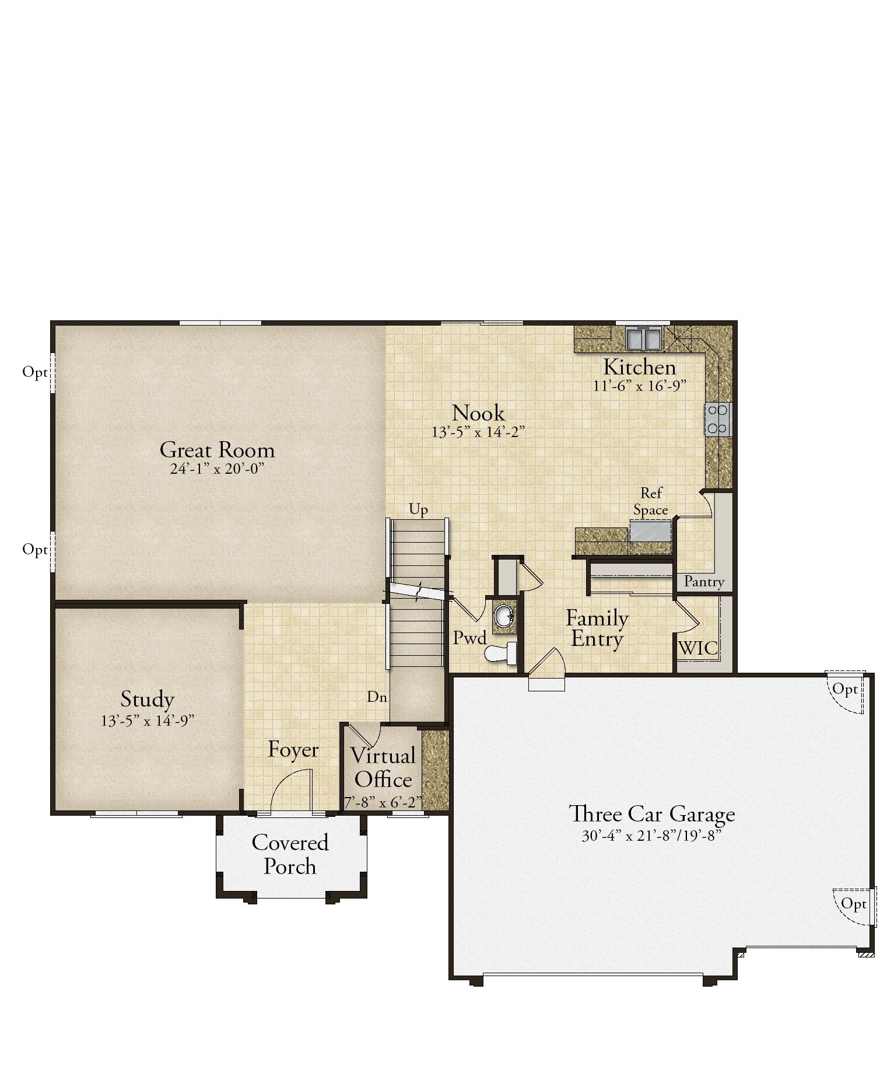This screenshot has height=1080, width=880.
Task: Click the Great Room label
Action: click(217, 450)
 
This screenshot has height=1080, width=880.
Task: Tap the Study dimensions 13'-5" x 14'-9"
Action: click(148, 721)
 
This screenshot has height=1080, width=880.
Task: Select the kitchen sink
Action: click(644, 337)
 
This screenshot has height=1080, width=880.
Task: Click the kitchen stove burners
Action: click(717, 420)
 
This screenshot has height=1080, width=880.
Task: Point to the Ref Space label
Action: click(651, 502)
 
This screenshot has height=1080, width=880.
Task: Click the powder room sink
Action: click(503, 616)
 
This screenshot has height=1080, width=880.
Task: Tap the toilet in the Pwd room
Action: click(501, 653)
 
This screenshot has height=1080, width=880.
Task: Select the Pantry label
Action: click(704, 582)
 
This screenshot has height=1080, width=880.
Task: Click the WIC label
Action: click(698, 648)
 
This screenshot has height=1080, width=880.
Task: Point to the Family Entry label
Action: click(597, 628)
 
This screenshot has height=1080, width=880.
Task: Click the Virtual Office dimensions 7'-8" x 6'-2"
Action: click(383, 803)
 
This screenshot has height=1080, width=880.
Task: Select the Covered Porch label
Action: click(290, 855)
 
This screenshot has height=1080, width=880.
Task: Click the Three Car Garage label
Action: click(652, 814)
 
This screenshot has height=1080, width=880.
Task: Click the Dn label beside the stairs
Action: click(377, 697)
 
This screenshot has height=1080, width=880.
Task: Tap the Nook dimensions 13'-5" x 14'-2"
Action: click(478, 432)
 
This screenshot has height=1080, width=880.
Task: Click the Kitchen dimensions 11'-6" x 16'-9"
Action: click(639, 386)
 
